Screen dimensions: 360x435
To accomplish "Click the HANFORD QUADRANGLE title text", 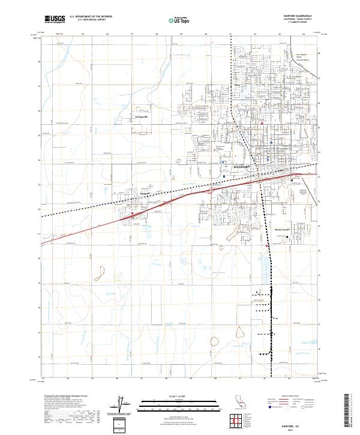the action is click(x=298, y=16).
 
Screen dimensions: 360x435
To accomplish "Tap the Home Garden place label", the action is click(x=283, y=229).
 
